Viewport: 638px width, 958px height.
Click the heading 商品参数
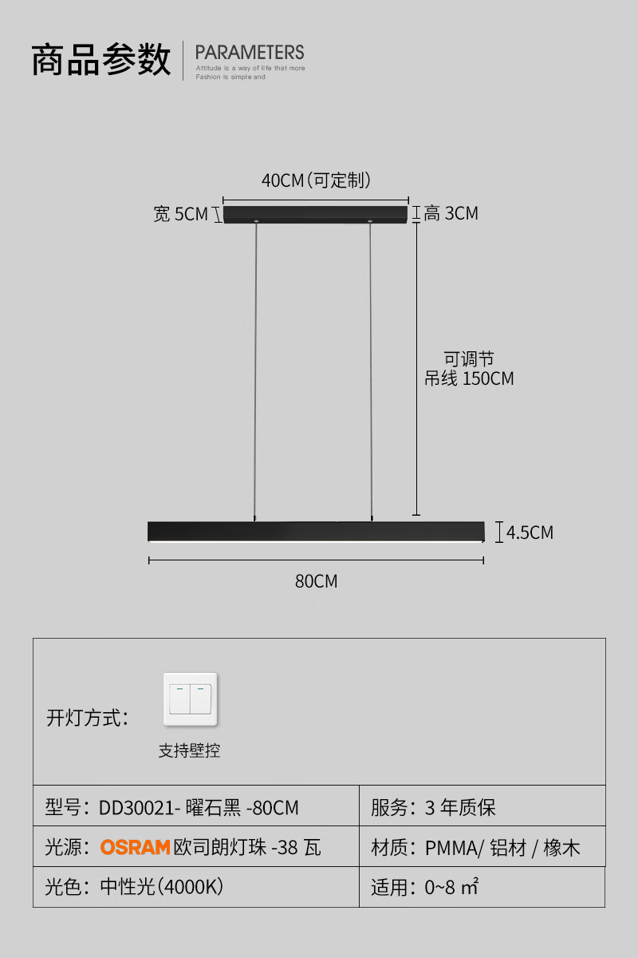pos(101,60)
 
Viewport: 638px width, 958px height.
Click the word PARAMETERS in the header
pos(250,53)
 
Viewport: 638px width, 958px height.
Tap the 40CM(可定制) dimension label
pos(316,180)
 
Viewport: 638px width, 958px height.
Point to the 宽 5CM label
pos(180,214)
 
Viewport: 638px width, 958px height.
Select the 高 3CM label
pos(451,213)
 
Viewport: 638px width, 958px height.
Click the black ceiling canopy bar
pos(315,215)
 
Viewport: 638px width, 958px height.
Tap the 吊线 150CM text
pos(469,378)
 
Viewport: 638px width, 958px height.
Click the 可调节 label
pos(469,358)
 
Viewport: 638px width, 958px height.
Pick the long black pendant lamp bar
pos(316,531)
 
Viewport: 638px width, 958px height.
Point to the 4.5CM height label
pos(530,532)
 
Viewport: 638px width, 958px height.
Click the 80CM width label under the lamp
pos(316,581)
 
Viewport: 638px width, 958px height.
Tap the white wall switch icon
pos(190,699)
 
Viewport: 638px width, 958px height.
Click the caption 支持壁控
pos(189,750)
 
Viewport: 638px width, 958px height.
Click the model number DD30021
pos(136,808)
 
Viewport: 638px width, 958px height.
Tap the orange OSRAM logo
pos(135,847)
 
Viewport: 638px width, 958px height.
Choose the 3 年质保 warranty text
pos(460,808)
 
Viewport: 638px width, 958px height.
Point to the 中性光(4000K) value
pos(161,887)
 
